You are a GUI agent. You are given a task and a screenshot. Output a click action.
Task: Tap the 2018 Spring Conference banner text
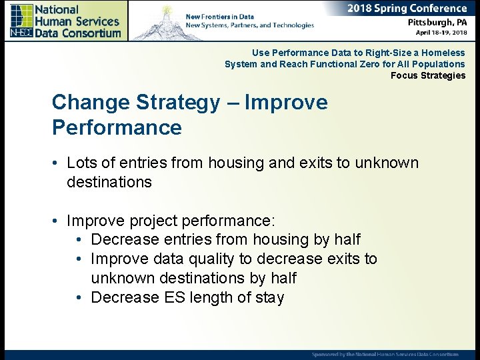tap(407, 9)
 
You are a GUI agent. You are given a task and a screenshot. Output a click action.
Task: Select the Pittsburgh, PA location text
tap(437, 22)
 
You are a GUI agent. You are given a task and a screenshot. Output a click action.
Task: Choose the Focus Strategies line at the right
tap(428, 75)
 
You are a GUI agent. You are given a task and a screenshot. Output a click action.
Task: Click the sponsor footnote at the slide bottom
tap(385, 354)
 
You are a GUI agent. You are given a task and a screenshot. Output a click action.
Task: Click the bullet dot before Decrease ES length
tap(79, 298)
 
